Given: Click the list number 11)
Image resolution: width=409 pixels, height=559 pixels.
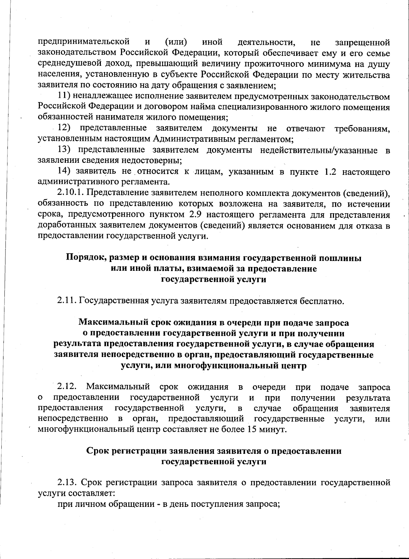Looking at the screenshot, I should tap(63, 96).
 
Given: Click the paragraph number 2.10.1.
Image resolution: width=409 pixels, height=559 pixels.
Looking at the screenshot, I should tap(70, 193).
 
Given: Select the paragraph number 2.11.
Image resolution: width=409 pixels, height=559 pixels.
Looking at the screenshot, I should tap(67, 301).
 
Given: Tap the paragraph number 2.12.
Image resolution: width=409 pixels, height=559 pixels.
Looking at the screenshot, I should tap(67, 387).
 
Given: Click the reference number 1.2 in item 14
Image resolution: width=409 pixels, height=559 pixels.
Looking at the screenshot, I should tap(330, 171).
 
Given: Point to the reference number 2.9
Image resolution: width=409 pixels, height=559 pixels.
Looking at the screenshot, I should tap(195, 215).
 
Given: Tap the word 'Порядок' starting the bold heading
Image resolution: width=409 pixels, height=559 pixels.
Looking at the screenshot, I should tap(82, 258).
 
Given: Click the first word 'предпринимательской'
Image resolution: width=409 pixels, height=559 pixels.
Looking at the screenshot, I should tap(84, 42).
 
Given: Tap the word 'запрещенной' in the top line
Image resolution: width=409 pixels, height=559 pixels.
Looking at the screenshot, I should tap(363, 42).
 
